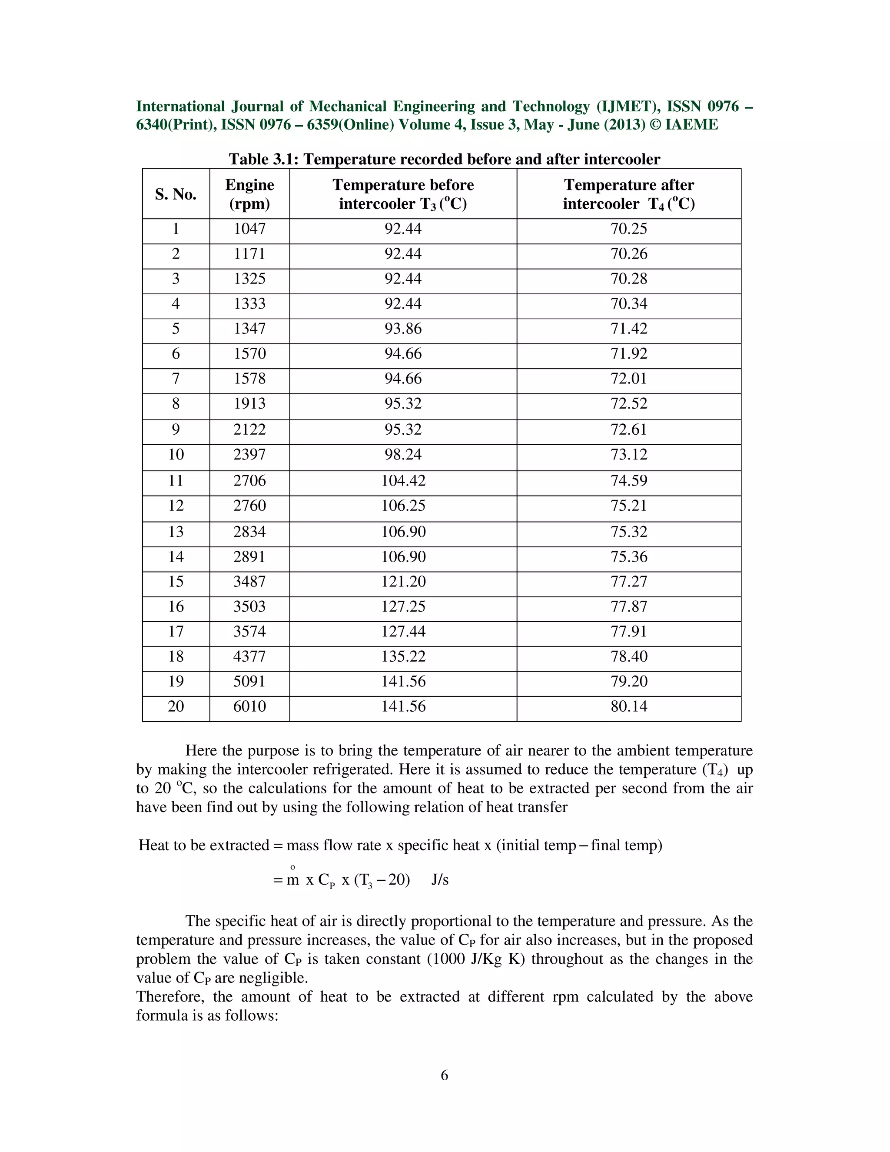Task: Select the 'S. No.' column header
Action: [176, 194]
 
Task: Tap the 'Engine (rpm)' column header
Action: [249, 194]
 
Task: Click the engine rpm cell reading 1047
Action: [249, 229]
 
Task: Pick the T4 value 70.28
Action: [628, 279]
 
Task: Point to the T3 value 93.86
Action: [403, 329]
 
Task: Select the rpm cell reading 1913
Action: [249, 403]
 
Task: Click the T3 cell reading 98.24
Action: [403, 455]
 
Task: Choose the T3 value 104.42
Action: [403, 480]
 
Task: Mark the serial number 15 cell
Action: [176, 581]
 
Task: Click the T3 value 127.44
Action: [403, 631]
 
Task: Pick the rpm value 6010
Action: [249, 706]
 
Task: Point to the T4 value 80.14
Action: [628, 706]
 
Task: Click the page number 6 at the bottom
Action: [445, 1075]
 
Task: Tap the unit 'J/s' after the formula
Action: [440, 880]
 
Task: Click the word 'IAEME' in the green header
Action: [691, 124]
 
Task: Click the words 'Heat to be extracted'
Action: [204, 845]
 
